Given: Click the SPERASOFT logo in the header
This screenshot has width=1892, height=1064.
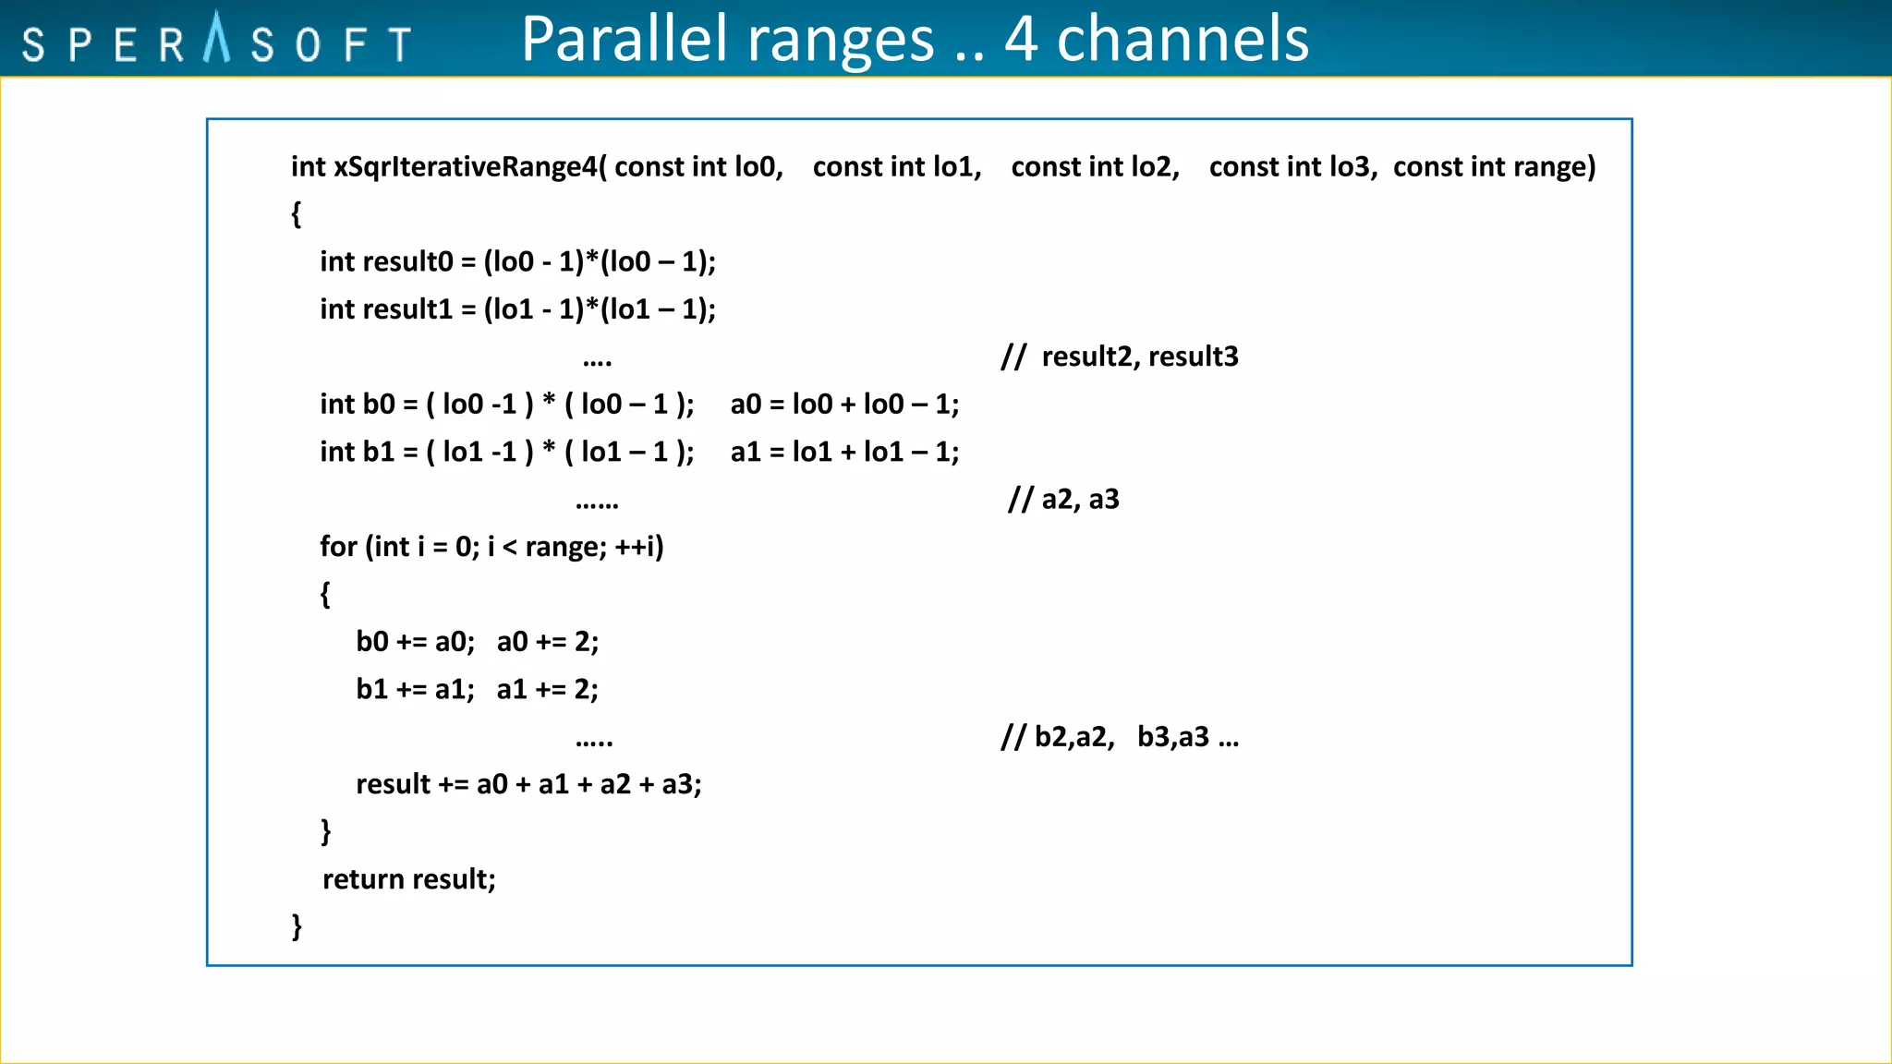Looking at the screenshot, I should pos(216,41).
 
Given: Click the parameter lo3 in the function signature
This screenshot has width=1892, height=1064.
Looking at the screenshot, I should pos(1352,167).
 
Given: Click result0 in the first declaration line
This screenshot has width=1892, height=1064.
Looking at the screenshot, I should pos(406,262).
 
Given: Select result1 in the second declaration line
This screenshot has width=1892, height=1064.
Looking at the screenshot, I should pos(406,309).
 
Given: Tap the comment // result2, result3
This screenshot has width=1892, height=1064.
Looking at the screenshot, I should pos(1120,357).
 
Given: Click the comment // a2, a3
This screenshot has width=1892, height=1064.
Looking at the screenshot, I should pos(1063,500).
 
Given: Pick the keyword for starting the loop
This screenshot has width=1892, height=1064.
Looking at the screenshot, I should pos(338,547).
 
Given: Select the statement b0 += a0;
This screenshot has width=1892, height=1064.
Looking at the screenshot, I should pos(415,642).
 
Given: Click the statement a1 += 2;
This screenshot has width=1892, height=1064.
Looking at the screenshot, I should pos(547,689).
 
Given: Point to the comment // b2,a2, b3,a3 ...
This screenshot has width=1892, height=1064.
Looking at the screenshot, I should pos(1120,737).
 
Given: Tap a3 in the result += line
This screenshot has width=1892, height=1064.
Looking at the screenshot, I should pos(680,784).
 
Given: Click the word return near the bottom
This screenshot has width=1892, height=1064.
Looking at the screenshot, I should pos(363,879).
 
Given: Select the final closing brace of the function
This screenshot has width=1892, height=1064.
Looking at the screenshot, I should pos(297,925).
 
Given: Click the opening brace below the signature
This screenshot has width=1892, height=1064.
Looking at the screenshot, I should pos(297,214).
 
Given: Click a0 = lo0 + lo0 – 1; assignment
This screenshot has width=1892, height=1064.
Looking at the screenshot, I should pos(844,405).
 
